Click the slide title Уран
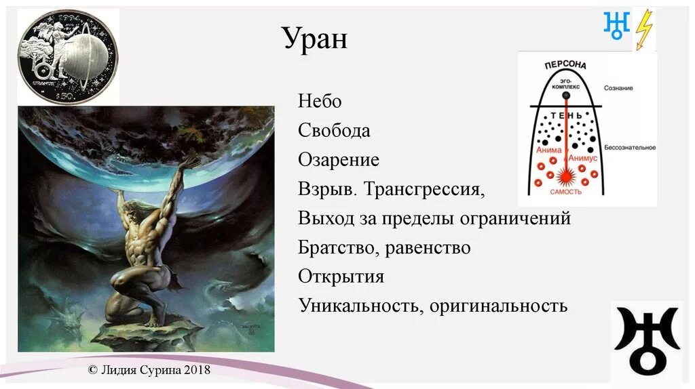coord(315,39)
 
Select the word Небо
coord(319,102)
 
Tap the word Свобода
coord(334,131)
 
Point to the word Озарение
coord(338,161)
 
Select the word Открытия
coord(341,277)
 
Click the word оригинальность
coord(497,306)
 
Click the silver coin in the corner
coord(67,55)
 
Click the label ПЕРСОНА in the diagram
coord(565,65)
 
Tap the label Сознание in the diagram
coord(618,89)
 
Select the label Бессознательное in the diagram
coord(629,148)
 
